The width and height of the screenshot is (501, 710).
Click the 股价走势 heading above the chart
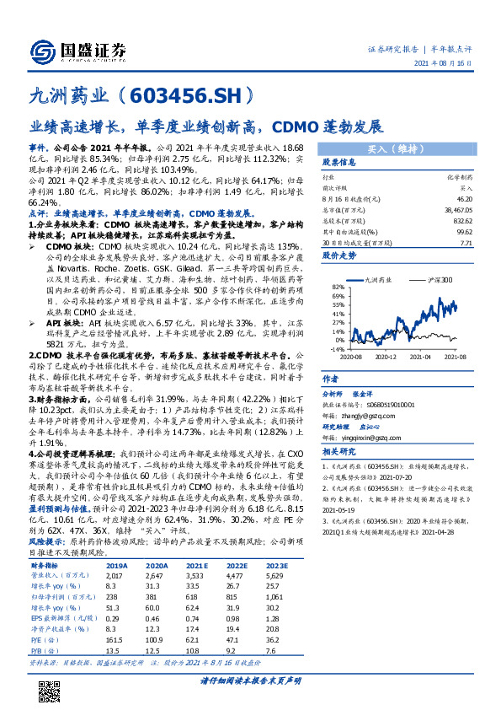340,254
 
